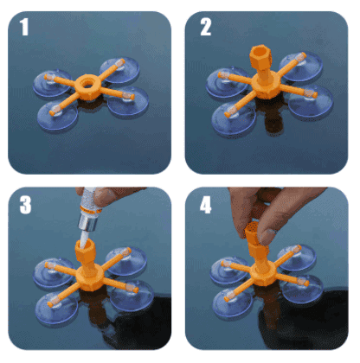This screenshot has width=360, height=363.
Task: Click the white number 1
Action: [x=24, y=27]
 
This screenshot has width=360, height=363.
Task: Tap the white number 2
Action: [x=206, y=27]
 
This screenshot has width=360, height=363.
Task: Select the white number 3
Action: [x=25, y=205]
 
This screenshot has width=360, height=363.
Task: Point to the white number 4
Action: [x=206, y=205]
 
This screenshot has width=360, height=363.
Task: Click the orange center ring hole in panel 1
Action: [x=87, y=83]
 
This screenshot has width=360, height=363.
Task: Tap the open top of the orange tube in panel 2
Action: [x=260, y=52]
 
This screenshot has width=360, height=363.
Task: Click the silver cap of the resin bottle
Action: [x=87, y=223]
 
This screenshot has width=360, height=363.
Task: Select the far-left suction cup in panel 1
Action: [x=52, y=83]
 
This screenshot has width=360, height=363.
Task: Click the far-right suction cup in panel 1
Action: [x=128, y=101]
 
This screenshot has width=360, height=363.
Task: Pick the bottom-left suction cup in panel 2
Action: [x=234, y=119]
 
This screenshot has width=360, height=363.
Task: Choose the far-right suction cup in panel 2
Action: [x=311, y=101]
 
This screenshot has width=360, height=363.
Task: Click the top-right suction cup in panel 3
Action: [x=125, y=261]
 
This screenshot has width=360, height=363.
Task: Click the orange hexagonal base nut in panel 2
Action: [x=266, y=86]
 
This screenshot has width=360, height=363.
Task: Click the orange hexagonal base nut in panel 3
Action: [x=88, y=278]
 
